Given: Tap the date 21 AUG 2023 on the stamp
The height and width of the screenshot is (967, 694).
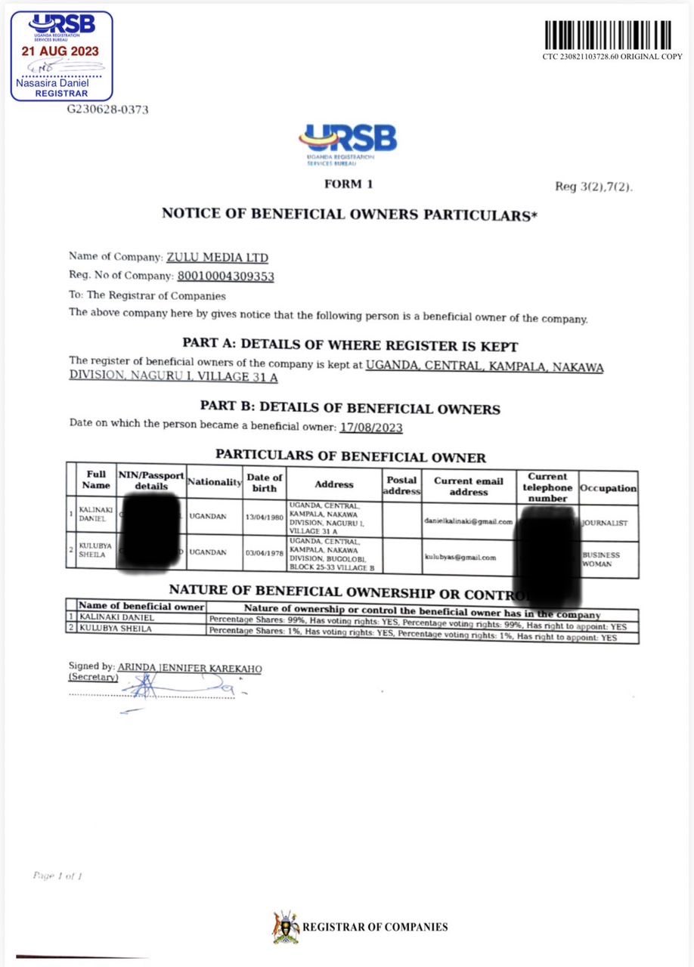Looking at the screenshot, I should tap(60, 51).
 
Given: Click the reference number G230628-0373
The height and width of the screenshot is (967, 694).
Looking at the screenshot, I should tap(108, 110).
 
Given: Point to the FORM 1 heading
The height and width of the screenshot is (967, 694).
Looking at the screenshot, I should tap(348, 184).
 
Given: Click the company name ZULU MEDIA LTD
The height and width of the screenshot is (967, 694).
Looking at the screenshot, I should tap(217, 258).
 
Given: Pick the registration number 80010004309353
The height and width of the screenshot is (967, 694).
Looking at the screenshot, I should tap(225, 277).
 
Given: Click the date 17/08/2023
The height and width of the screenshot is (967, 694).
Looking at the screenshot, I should tap(371, 428).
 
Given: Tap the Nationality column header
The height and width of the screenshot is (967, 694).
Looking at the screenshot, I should tap(214, 482).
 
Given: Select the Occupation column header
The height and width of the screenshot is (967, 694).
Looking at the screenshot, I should tap(608, 488).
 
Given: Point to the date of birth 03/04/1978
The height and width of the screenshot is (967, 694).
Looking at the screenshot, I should tap(264, 552).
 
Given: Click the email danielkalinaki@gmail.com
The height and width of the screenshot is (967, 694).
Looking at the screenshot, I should tap(469, 521).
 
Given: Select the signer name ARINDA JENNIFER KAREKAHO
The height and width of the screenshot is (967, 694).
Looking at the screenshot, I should tap(190, 668).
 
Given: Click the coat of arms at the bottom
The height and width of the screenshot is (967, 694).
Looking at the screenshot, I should tap(285, 927).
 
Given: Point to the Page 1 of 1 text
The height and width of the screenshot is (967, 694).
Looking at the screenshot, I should tap(57, 876).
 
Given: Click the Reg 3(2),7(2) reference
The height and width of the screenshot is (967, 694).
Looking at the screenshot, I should tap(593, 187).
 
